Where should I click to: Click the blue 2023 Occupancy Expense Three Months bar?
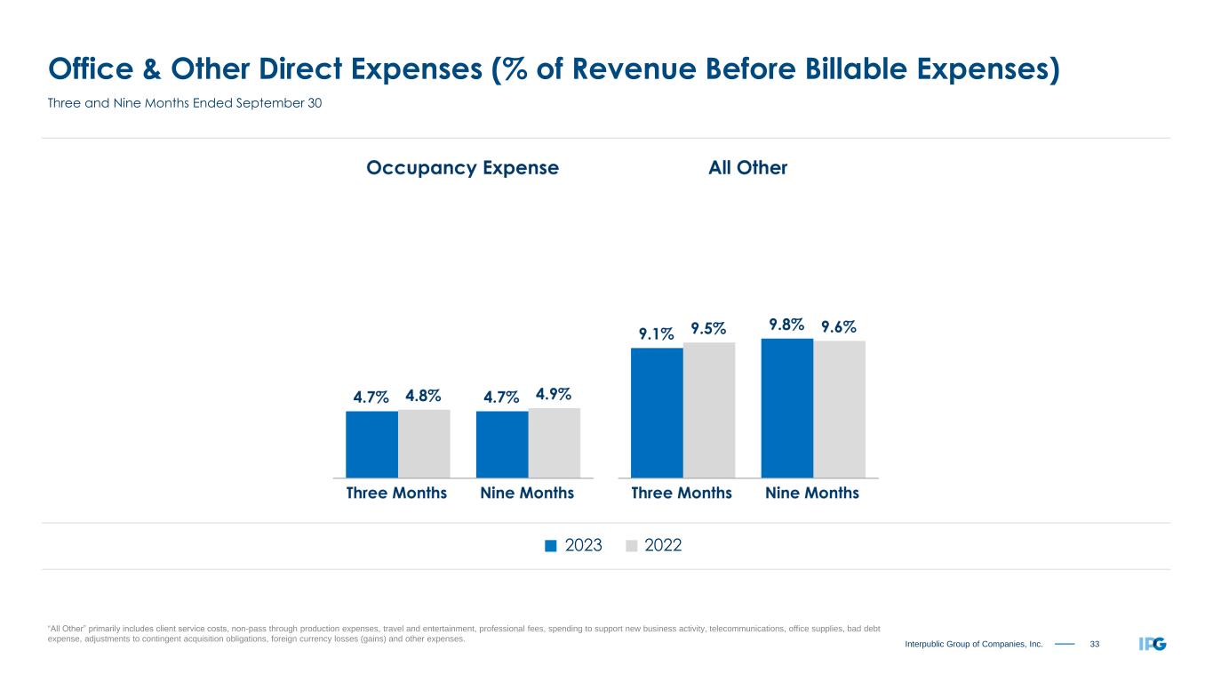(x=371, y=444)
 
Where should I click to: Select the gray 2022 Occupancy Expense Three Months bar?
(x=424, y=443)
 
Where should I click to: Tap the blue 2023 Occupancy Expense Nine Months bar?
(x=502, y=444)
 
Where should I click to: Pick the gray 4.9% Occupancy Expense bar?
(x=555, y=442)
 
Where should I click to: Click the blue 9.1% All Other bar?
(x=657, y=412)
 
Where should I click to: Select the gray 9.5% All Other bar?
(x=709, y=409)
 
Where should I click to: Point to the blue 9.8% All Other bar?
(x=787, y=407)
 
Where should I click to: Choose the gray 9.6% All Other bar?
(x=840, y=408)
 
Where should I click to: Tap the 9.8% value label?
(x=787, y=325)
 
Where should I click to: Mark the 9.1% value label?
(x=656, y=333)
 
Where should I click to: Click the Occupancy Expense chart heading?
(x=462, y=167)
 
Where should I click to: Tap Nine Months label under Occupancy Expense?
(x=527, y=493)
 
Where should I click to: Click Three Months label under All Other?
(x=682, y=493)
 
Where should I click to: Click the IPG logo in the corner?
(x=1152, y=643)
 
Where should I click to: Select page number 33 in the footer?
(x=1095, y=643)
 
